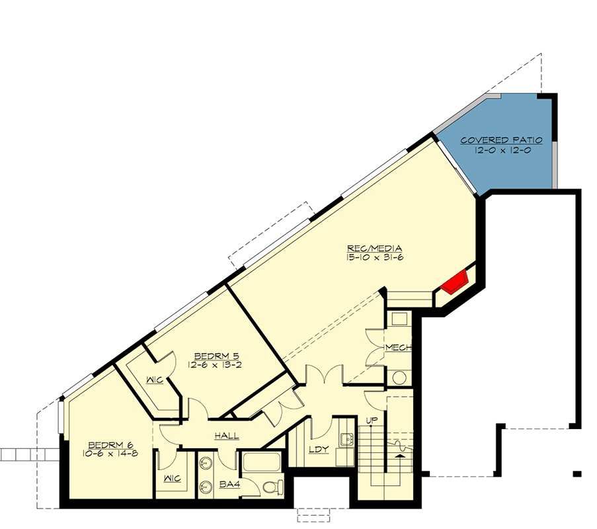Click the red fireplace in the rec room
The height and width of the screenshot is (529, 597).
[456, 283]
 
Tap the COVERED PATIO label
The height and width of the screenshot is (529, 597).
[501, 140]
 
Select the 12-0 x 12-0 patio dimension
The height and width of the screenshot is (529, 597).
[501, 150]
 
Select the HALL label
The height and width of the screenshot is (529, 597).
[226, 436]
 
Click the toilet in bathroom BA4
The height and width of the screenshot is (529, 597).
[270, 487]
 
